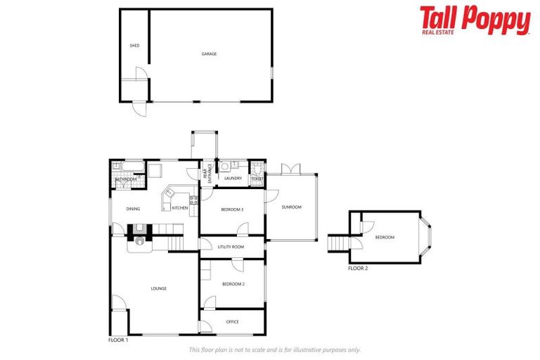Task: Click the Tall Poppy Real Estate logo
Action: [x=475, y=20]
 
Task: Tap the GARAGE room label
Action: [x=209, y=53]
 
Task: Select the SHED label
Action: [x=134, y=46]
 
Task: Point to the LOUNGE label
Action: [x=158, y=288]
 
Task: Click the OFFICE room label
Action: [x=233, y=322]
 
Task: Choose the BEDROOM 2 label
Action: [x=233, y=283]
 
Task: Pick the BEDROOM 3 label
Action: [x=232, y=210]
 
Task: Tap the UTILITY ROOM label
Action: [x=231, y=247]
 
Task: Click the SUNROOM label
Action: [x=291, y=207]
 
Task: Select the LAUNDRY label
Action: [x=233, y=178]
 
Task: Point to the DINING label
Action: [x=133, y=209]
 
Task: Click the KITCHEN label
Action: [x=180, y=208]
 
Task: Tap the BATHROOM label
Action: [x=127, y=179]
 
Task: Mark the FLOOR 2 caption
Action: [x=358, y=269]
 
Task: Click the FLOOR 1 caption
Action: [x=118, y=340]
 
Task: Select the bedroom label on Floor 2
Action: [x=385, y=237]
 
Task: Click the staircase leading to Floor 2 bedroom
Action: [x=338, y=243]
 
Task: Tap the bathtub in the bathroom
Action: [x=130, y=167]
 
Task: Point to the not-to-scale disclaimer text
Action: [x=275, y=349]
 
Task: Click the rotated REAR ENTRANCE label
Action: [x=208, y=174]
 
